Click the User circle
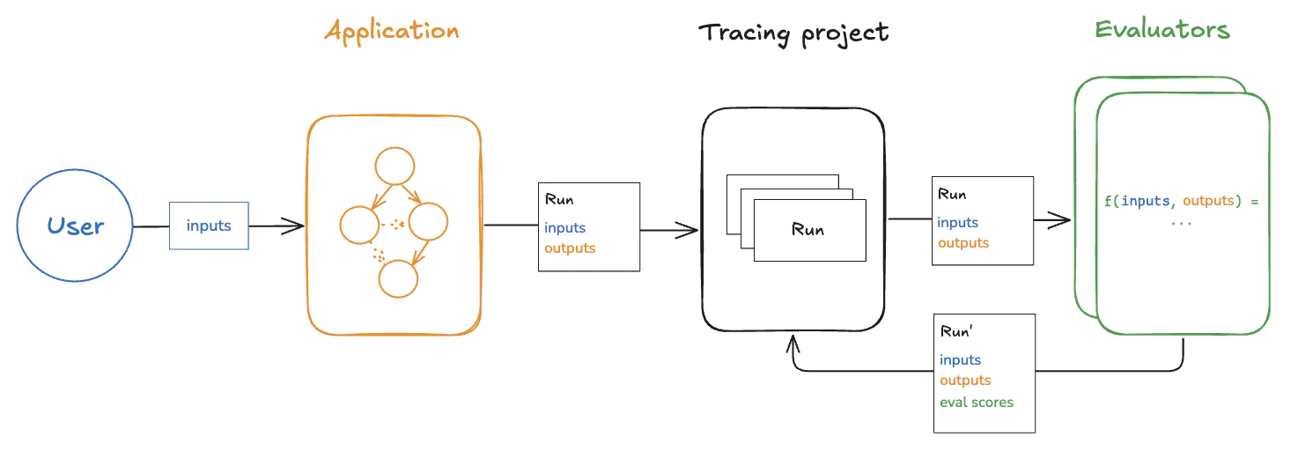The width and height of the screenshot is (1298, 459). [x=75, y=226]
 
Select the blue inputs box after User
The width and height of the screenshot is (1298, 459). [x=209, y=226]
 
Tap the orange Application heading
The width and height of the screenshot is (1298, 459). [x=392, y=32]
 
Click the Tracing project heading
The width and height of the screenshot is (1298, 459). [x=793, y=33]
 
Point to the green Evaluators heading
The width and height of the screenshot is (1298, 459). [x=1162, y=30]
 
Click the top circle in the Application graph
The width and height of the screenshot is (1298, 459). [x=395, y=167]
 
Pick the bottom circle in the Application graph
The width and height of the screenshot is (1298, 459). [x=398, y=278]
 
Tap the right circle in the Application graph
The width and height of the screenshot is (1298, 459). [x=430, y=222]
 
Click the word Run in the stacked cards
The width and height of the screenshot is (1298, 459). [x=808, y=230]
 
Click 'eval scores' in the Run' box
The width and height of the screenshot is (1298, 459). [x=977, y=403]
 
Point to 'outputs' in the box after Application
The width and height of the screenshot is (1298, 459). [x=570, y=248]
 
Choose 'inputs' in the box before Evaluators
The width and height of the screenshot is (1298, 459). [x=957, y=223]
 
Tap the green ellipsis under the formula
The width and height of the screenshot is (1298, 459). [x=1181, y=222]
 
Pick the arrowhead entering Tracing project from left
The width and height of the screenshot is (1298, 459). [x=691, y=231]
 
